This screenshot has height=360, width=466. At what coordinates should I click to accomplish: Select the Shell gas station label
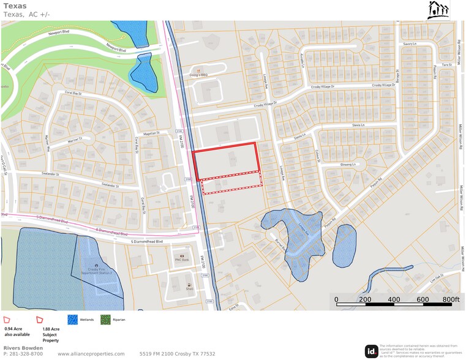(x=189, y=290)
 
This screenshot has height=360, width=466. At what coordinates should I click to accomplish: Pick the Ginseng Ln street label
(x=347, y=165)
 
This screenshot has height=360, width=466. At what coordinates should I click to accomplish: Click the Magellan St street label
(x=150, y=132)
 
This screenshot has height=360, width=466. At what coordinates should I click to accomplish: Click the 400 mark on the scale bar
(x=394, y=299)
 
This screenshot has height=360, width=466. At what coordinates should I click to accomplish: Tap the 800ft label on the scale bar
(x=450, y=299)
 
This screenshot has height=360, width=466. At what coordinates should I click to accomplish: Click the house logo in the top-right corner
(x=438, y=10)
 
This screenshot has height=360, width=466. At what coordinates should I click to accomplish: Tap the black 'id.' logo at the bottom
(x=372, y=351)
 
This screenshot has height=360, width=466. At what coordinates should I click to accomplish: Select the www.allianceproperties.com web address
(x=91, y=354)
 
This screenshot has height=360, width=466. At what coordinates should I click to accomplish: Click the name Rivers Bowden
(x=23, y=348)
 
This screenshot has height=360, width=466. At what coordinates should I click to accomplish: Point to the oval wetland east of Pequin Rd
(x=344, y=244)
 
